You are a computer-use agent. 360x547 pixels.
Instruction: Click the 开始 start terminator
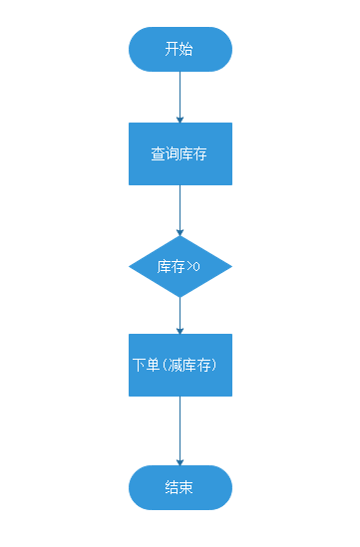(180, 49)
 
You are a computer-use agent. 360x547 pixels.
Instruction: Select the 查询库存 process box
(180, 154)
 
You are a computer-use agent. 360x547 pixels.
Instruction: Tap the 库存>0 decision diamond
(180, 267)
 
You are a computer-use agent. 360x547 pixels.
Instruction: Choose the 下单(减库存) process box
(180, 365)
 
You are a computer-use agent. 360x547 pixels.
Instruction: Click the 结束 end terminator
(180, 487)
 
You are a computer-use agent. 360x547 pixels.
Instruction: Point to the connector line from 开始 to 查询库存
(180, 94)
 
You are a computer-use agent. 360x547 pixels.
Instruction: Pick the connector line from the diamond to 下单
(180, 313)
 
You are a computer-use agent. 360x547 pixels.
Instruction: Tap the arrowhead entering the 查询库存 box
(180, 119)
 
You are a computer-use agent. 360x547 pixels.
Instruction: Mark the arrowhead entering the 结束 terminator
(180, 461)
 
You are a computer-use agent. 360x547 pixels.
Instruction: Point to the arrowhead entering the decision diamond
(180, 232)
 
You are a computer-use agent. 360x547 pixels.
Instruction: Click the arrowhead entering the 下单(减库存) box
(180, 330)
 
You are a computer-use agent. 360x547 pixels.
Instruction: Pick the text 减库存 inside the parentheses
(190, 365)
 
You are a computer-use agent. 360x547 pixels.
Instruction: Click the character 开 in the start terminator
(173, 49)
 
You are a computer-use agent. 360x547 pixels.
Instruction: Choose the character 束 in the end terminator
(187, 487)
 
